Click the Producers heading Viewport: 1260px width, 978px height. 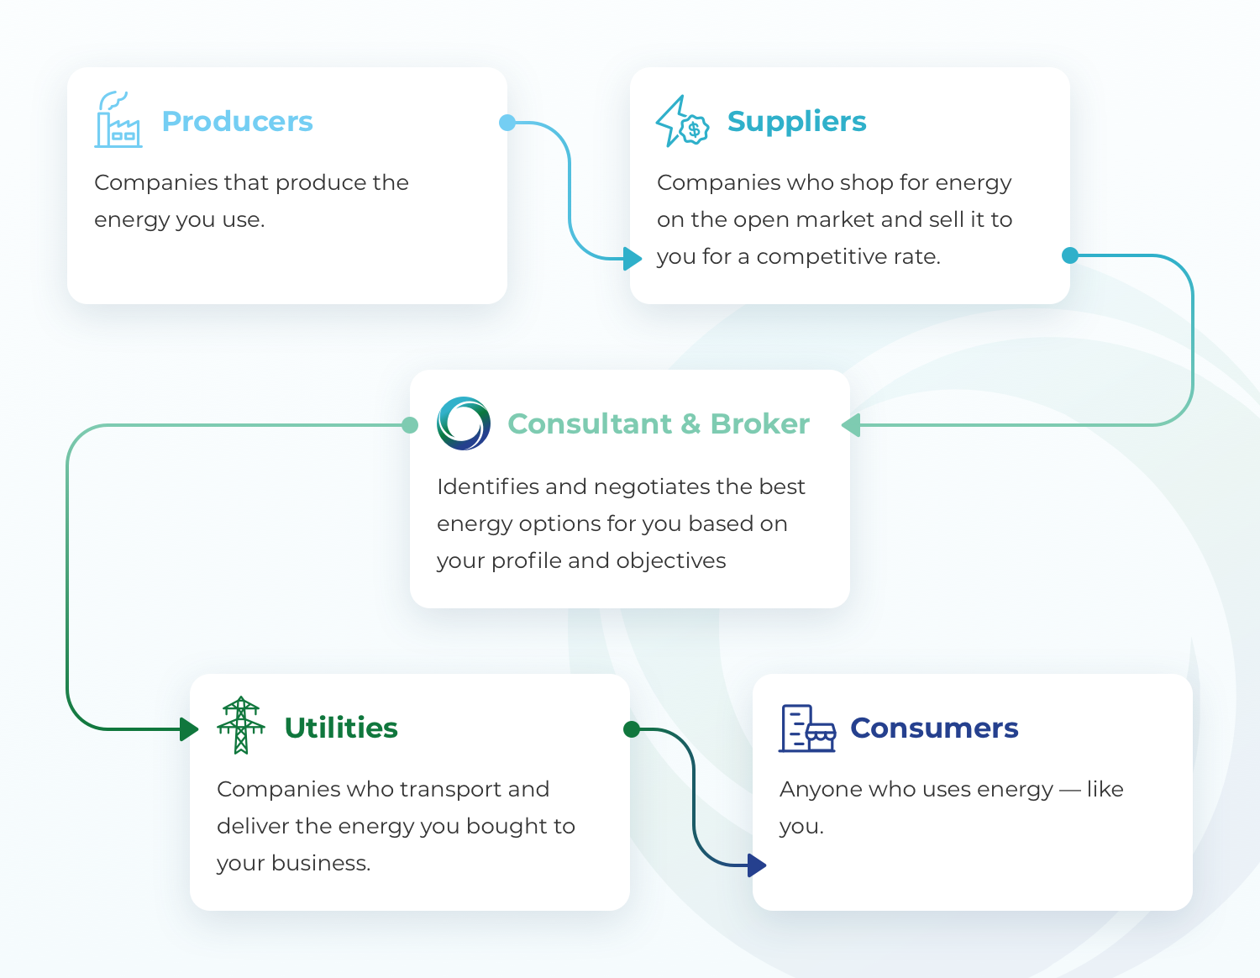237,121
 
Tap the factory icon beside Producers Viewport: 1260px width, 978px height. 118,120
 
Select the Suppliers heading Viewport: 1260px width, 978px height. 796,121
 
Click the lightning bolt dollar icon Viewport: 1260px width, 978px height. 682,122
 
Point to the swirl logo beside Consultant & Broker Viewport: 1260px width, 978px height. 464,423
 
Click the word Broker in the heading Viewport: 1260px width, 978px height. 759,423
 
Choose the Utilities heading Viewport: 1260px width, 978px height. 341,728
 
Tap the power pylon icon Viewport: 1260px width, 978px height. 241,725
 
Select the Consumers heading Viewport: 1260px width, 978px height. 934,728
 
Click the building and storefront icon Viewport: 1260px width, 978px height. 807,728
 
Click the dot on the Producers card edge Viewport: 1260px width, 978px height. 507,123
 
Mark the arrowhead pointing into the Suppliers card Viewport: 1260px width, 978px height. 633,258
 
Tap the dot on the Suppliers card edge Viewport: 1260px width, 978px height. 1070,255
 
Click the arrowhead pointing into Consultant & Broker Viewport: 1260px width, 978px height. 851,425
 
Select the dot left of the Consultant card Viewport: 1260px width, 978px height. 410,425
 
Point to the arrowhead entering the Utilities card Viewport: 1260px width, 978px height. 189,728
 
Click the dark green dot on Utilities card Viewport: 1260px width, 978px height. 632,729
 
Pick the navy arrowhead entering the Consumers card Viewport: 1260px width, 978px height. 757,865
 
